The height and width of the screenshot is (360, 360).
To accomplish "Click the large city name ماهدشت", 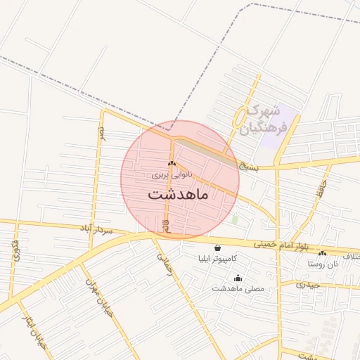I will point(178,195).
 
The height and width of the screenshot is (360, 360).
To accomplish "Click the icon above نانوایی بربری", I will point(172,165).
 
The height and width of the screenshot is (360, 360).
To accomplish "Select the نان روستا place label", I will point(322,264).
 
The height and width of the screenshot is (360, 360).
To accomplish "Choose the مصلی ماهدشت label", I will point(237,288).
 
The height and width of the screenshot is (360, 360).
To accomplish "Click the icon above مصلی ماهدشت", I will point(237,278).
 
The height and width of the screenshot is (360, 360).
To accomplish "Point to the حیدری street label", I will point(307,285).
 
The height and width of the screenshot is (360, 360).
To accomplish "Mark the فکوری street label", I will point(15,250).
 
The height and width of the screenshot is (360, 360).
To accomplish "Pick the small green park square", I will point(235,219).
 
